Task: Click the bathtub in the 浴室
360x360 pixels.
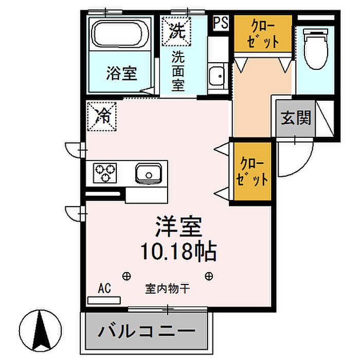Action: [x=120, y=34]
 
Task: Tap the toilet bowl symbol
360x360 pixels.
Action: [x=316, y=49]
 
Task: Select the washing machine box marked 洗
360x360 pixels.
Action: [x=176, y=31]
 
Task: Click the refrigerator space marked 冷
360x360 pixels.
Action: [x=102, y=117]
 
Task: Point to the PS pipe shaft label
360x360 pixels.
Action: [x=221, y=23]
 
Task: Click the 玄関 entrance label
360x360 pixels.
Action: [x=296, y=118]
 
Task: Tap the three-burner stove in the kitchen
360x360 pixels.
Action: [x=105, y=173]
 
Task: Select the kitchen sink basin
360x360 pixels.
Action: [x=148, y=173]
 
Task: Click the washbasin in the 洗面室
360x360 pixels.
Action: [x=217, y=76]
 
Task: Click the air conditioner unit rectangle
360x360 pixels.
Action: [x=104, y=300]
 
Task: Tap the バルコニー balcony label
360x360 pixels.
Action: [x=147, y=331]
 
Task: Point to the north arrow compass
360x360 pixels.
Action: [x=41, y=331]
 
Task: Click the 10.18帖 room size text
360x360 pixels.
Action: [x=179, y=251]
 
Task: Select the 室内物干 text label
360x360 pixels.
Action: [x=167, y=289]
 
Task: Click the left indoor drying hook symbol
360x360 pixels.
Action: [x=127, y=276]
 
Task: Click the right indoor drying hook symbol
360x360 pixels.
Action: [x=209, y=276]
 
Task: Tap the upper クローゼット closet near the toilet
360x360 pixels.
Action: [x=263, y=33]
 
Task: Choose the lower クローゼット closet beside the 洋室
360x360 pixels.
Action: [x=253, y=171]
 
